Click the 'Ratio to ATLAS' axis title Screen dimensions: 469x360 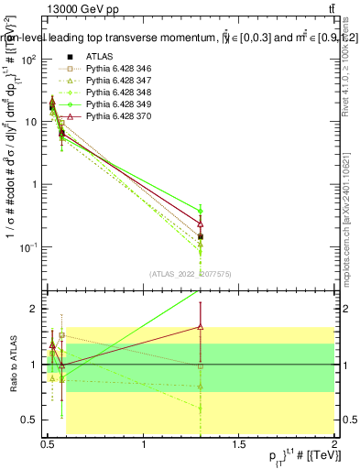[11, 365]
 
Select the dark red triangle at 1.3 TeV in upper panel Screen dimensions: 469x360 [201, 224]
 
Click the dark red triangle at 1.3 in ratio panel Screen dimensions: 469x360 [201, 326]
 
